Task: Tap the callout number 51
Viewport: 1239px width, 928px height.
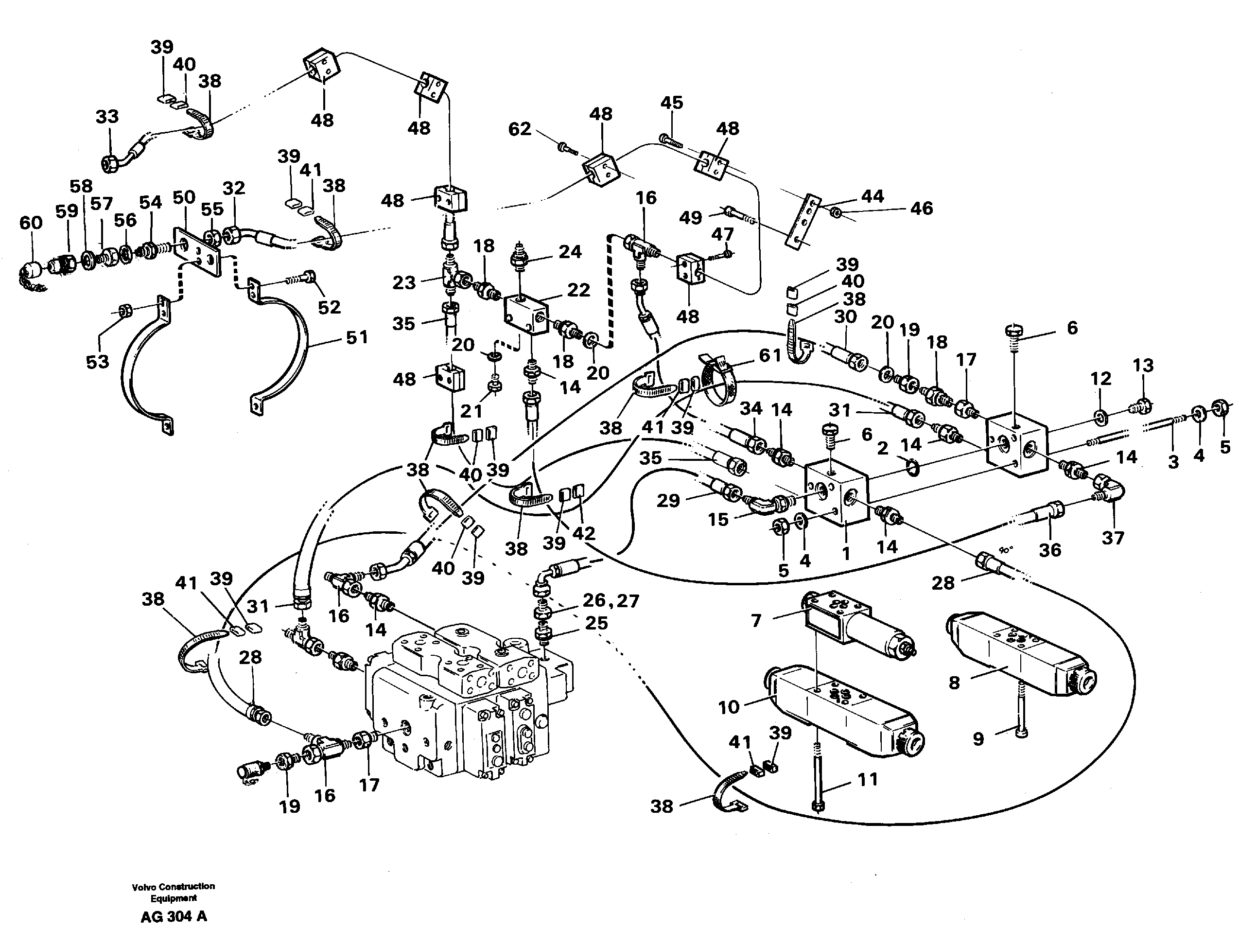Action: tap(357, 337)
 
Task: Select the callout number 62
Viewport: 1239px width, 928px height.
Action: tap(519, 129)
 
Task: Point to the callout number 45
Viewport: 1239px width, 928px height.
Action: tap(672, 103)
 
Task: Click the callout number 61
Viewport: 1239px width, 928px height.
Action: tap(769, 355)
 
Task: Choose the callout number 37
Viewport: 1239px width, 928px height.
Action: tap(1113, 538)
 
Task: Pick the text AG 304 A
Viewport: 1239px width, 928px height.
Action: tap(174, 916)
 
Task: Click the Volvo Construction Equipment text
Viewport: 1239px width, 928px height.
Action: tap(174, 892)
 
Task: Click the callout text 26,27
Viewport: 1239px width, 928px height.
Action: tap(611, 601)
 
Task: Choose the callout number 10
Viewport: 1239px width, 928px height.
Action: tap(729, 707)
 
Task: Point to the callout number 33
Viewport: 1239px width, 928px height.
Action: tap(107, 117)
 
